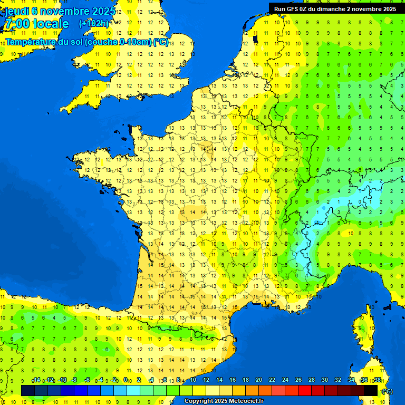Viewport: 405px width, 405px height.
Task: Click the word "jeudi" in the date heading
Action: tap(16, 11)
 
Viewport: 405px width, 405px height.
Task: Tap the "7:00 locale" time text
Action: tap(36, 24)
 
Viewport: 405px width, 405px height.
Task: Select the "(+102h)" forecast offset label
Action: tap(94, 24)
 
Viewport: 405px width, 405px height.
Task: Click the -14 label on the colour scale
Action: tap(36, 380)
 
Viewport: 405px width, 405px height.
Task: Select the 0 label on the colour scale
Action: tap(126, 380)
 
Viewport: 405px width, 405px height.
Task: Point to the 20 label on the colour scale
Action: tap(258, 380)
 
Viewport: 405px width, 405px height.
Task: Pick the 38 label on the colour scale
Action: tap(377, 380)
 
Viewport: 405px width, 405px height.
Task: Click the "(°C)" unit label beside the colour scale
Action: tap(388, 391)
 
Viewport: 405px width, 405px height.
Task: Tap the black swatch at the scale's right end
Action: tap(371, 390)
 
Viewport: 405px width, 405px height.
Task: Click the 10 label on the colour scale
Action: tap(192, 380)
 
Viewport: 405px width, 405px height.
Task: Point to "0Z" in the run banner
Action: tap(306, 9)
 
